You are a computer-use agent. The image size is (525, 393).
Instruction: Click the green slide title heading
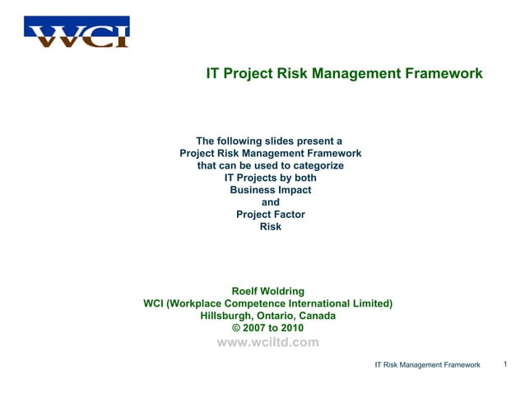tap(344, 74)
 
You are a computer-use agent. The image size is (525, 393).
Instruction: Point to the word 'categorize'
tap(314, 165)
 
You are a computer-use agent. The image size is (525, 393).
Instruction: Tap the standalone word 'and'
tap(270, 202)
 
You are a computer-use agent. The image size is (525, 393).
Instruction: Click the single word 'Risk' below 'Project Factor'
tap(270, 227)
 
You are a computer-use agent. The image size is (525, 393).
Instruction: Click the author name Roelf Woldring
tap(268, 291)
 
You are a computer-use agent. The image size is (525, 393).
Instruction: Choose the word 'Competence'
tap(264, 303)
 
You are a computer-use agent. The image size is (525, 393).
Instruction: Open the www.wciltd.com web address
tap(267, 343)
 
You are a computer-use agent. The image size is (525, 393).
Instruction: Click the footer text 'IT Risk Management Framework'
tap(427, 364)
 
